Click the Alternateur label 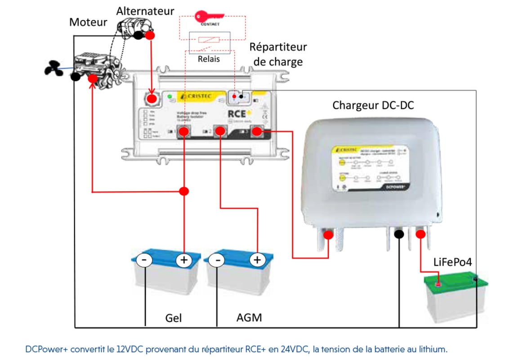tap(145, 11)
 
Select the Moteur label tap(88, 22)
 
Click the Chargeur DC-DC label tap(373, 105)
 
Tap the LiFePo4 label tap(453, 262)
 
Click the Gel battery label tap(174, 318)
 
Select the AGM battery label tap(249, 318)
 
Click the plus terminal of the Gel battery tap(183, 260)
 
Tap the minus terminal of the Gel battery tap(145, 260)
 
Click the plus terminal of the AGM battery tap(257, 260)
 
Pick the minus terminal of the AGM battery tap(217, 260)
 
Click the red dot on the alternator tap(150, 35)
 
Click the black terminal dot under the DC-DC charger tap(399, 234)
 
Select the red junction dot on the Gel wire tap(183, 191)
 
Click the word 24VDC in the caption tap(321, 349)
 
